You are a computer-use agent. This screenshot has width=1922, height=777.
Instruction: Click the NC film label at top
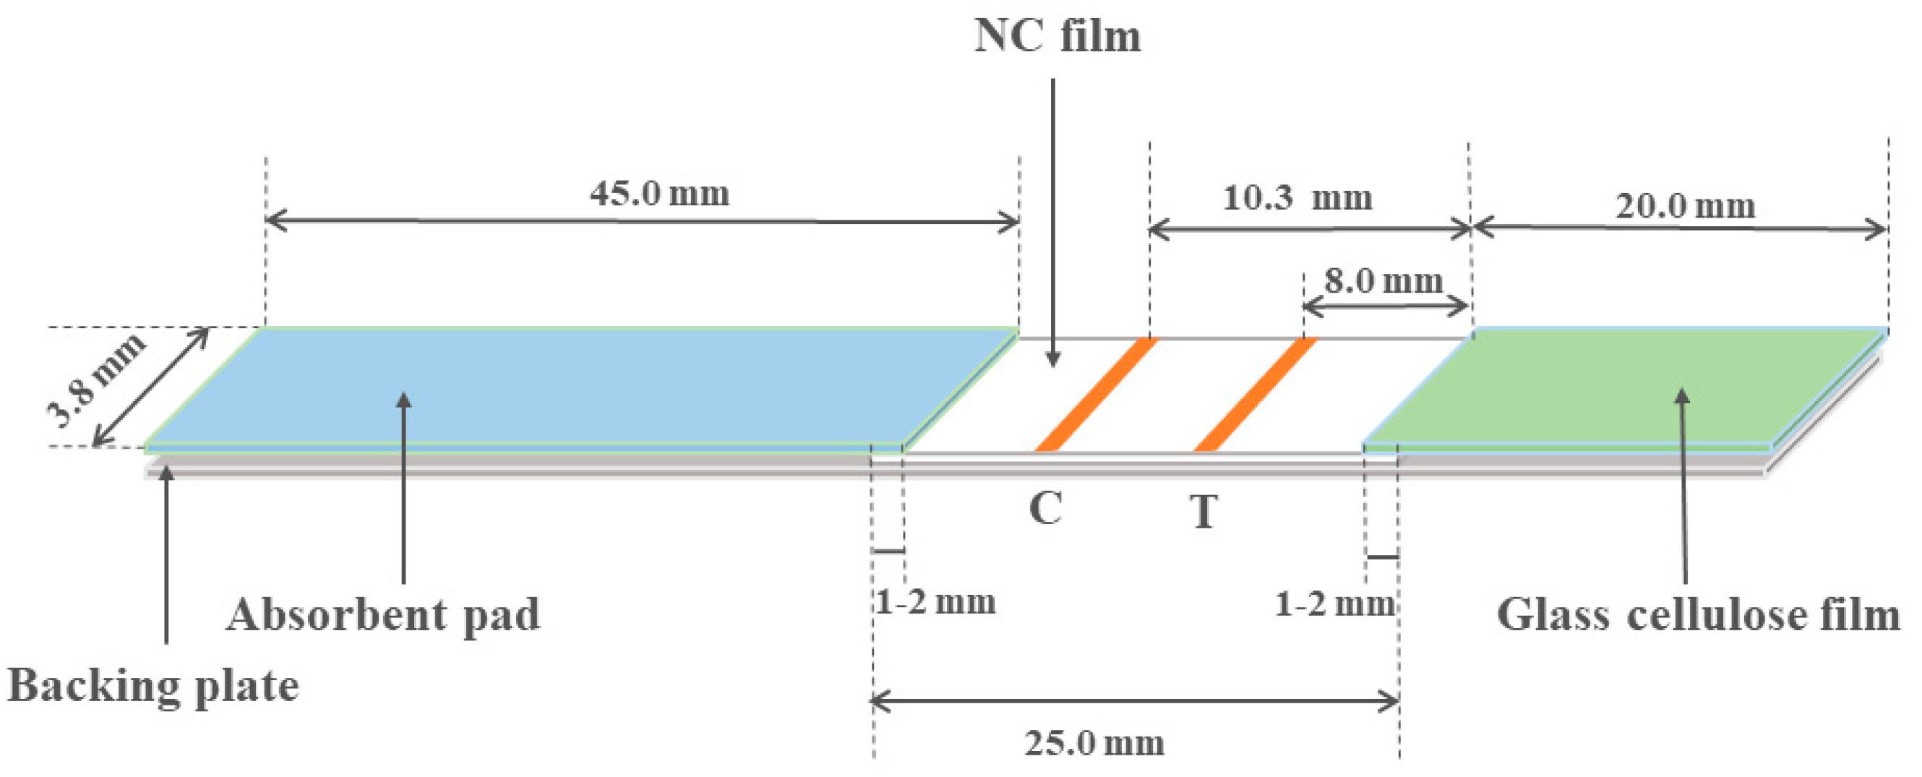point(1057,36)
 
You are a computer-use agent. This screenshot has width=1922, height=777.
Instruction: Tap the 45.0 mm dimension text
point(659,194)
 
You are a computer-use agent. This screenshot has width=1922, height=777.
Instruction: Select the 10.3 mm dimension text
point(1297,199)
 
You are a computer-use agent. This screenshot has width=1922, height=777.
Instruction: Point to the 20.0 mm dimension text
point(1686,206)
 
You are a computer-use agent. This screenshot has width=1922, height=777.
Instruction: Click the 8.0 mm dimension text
point(1384,282)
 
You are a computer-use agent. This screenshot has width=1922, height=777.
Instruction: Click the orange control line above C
point(1096,395)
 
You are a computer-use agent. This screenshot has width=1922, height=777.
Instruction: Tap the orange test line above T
point(1255,395)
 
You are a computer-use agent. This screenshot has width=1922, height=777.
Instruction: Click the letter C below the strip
point(1045,509)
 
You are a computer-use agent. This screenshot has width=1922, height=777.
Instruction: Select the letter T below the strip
point(1204,512)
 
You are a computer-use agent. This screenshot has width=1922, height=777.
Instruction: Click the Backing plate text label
point(153,685)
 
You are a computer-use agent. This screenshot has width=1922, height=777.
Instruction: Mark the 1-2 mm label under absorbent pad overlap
point(935,601)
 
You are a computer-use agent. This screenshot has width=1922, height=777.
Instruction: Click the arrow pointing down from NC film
point(1052,224)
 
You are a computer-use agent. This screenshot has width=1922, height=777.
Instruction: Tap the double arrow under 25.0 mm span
point(1134,702)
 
